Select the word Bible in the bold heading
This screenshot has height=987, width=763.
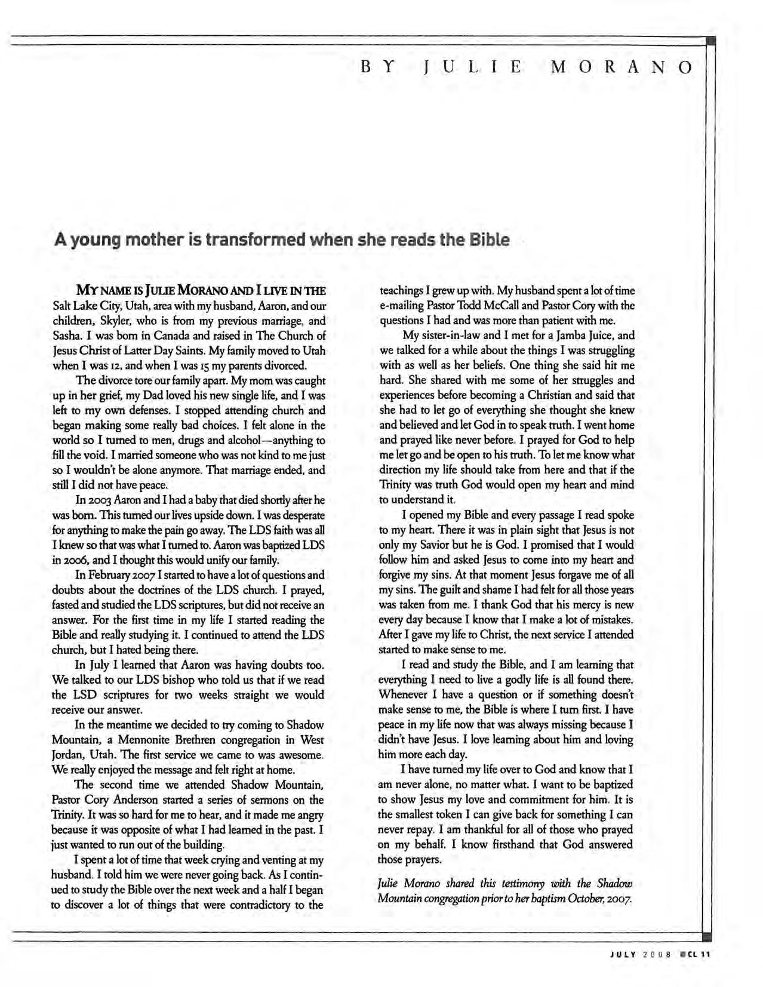[490, 240]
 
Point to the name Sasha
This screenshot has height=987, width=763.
[66, 336]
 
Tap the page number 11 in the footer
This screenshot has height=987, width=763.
[704, 954]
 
